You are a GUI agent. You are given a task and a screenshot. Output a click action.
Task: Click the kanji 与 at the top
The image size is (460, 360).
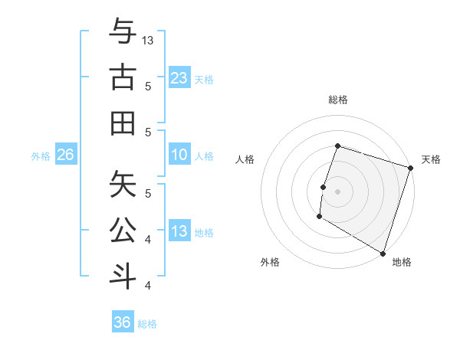[x=123, y=31]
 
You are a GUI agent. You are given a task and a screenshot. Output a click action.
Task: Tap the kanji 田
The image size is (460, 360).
[x=123, y=123]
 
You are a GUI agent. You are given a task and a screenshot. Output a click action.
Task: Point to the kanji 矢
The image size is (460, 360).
[x=123, y=184]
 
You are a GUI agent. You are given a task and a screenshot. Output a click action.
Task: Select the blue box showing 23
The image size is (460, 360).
[x=179, y=77]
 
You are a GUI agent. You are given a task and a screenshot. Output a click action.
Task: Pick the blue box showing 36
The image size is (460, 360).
[x=123, y=323]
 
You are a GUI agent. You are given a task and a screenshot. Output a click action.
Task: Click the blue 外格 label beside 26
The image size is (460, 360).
[x=41, y=156]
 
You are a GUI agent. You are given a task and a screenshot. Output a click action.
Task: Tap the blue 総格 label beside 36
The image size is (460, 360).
[x=147, y=324]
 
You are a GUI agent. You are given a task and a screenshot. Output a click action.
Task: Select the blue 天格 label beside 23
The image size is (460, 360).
[x=204, y=79]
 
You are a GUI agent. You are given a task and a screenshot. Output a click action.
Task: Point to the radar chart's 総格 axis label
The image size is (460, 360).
[x=337, y=100]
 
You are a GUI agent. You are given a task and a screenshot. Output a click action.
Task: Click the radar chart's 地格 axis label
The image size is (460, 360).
[x=402, y=262]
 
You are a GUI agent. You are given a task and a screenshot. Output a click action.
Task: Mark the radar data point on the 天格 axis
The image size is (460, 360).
[x=411, y=168]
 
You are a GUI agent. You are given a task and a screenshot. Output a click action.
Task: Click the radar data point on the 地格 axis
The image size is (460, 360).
[x=383, y=253]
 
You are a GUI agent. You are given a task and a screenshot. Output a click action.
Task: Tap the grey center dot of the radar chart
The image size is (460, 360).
[x=337, y=191]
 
